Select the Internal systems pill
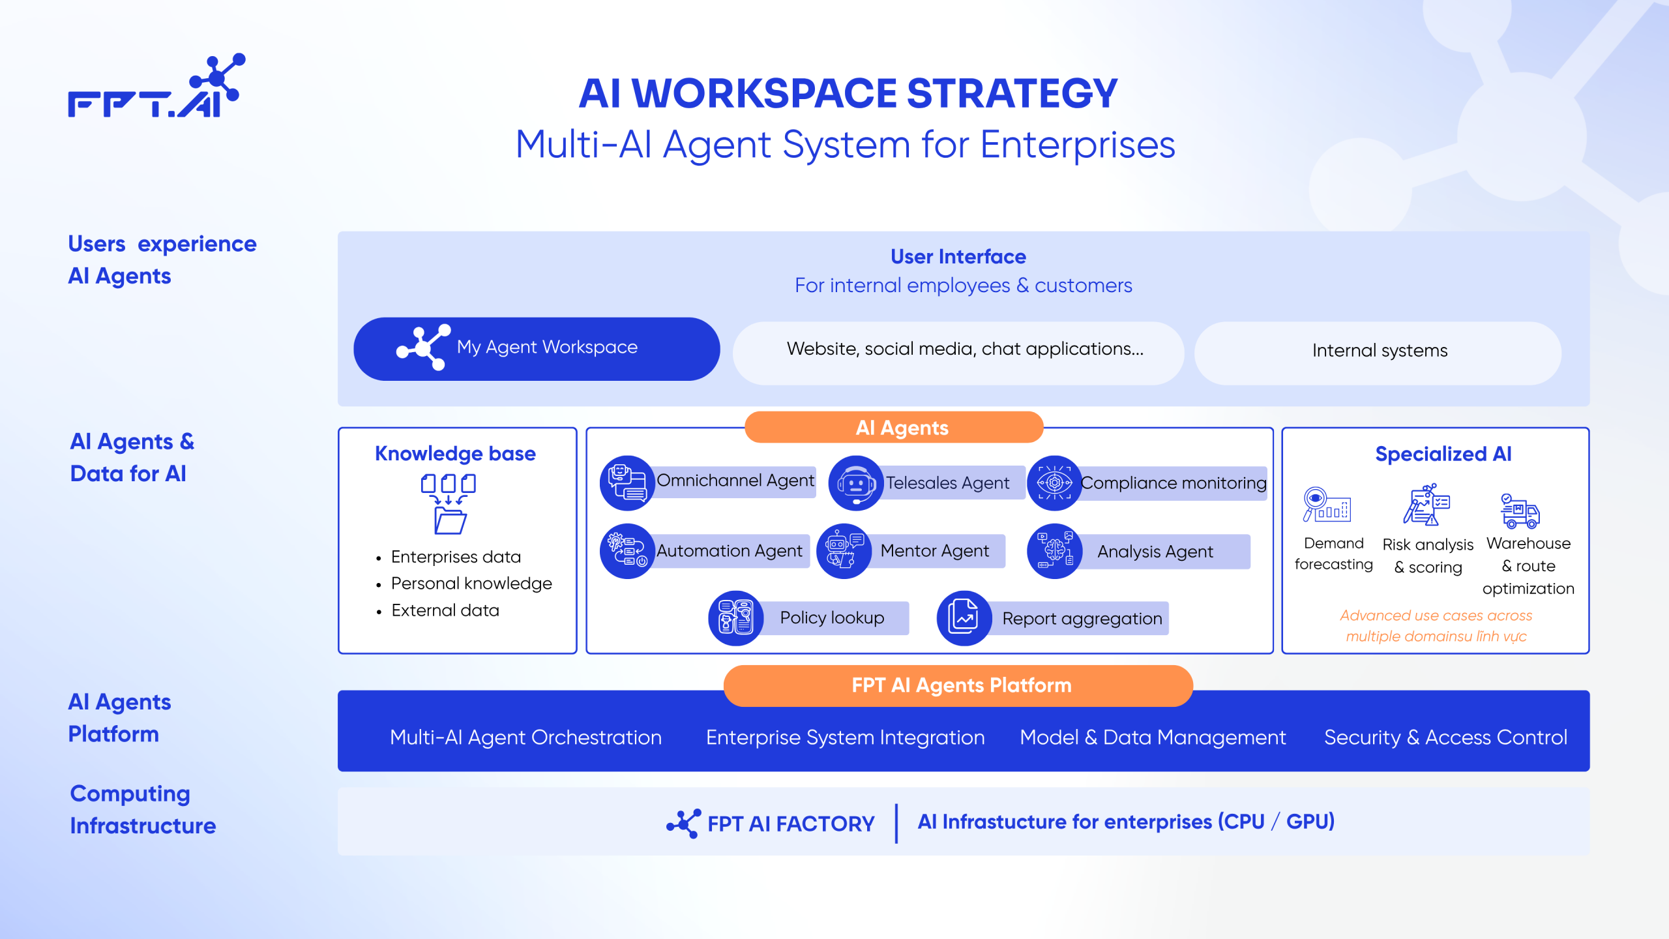[1378, 352]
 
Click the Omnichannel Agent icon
[627, 483]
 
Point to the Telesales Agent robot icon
[855, 483]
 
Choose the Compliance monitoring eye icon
[1054, 483]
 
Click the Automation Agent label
[729, 552]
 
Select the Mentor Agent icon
[844, 552]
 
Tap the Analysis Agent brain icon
[1054, 552]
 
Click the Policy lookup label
[832, 618]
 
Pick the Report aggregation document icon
[964, 618]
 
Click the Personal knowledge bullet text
[471, 584]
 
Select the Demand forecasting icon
[1326, 505]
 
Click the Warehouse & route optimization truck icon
[1520, 511]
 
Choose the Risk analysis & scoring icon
[1426, 505]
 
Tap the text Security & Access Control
[1445, 738]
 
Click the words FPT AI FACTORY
[790, 824]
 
